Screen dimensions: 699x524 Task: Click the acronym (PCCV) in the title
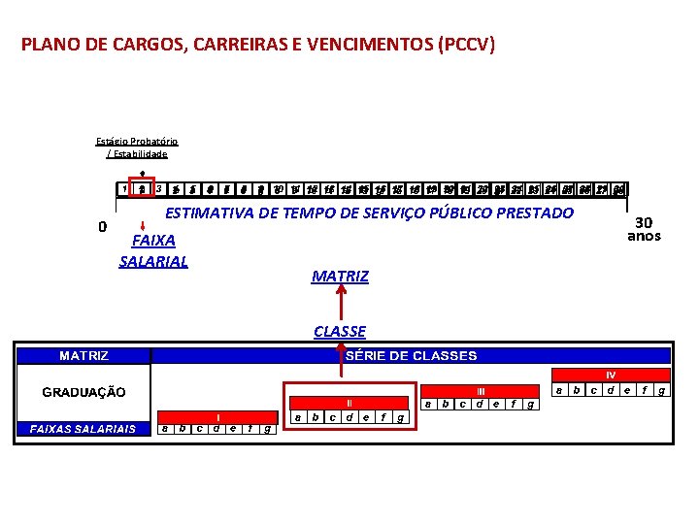466,45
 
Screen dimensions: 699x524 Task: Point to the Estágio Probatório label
136,141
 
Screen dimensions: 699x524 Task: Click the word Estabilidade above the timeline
141,153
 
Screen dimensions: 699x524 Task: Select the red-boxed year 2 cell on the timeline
142,189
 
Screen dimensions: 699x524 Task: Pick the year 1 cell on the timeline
125,189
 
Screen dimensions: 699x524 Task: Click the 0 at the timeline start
103,227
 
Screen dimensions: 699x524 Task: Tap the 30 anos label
643,229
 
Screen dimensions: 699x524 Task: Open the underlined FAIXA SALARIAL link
152,249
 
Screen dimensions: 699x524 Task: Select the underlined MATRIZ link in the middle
340,277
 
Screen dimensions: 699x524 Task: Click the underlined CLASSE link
340,331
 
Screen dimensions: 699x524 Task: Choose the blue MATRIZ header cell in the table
83,356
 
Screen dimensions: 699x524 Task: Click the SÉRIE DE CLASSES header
412,356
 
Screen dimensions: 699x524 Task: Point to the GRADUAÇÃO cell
83,392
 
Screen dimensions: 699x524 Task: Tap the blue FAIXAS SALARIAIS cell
83,428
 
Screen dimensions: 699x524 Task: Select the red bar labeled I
217,417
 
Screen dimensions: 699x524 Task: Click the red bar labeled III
480,390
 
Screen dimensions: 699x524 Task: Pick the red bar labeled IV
611,375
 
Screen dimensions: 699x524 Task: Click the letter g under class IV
661,390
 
